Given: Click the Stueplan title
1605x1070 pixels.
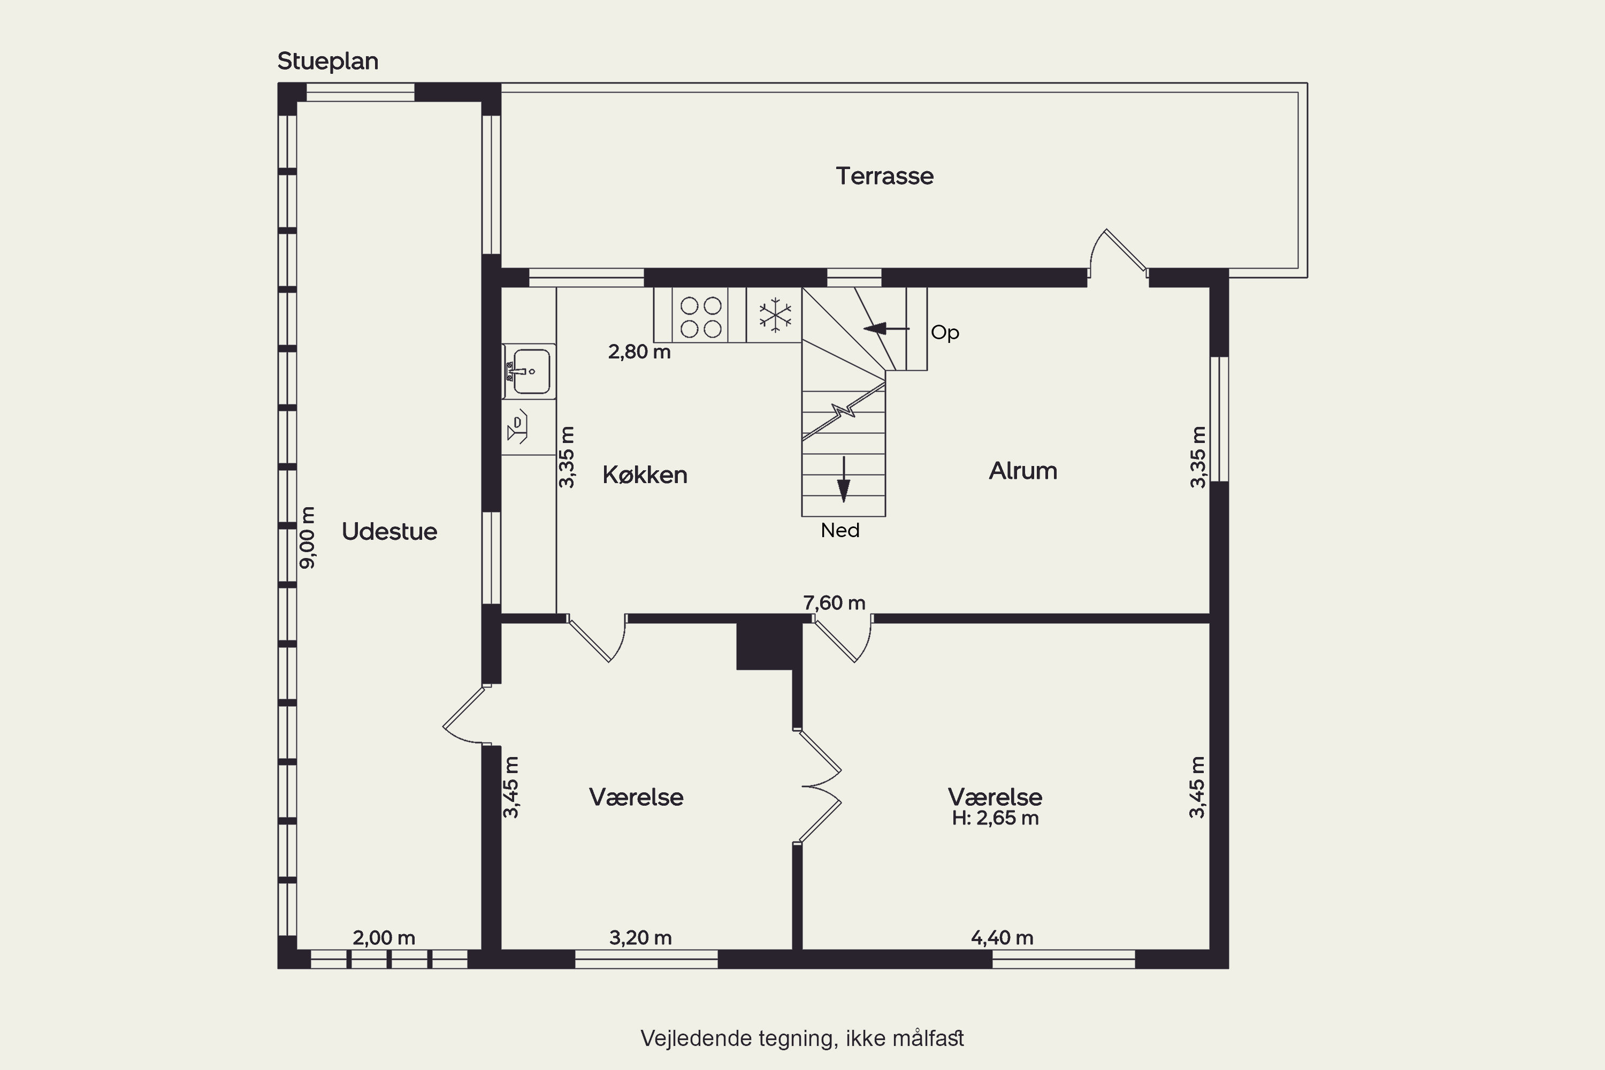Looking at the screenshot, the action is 327,62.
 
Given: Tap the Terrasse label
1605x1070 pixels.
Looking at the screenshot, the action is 884,176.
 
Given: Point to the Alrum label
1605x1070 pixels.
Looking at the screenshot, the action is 1023,471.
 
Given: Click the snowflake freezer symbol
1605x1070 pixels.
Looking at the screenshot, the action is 775,315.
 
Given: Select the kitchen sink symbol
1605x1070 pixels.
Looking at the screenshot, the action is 529,371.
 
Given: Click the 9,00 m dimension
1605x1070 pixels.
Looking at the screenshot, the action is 308,538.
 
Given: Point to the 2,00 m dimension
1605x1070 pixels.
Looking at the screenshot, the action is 384,938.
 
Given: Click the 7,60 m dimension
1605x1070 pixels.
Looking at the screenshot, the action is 834,602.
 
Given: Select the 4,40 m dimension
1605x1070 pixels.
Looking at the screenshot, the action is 1002,938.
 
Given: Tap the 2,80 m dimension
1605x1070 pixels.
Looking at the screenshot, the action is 639,351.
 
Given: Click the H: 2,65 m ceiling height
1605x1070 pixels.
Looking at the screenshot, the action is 995,818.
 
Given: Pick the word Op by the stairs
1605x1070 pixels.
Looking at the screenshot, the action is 945,333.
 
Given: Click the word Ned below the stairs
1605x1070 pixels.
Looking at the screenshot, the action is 840,530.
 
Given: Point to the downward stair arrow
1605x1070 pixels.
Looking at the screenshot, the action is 844,479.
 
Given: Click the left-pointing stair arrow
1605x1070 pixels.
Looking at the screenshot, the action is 886,329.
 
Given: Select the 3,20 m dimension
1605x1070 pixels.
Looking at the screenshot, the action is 640,938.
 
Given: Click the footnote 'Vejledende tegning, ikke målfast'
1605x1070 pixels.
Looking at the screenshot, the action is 802,1038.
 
